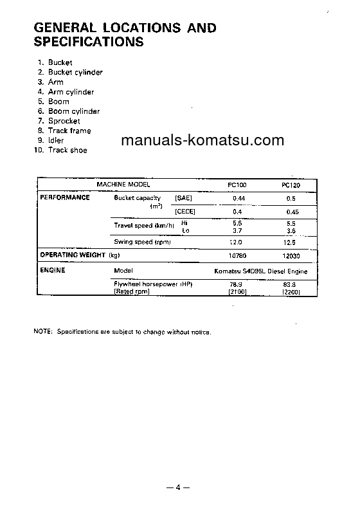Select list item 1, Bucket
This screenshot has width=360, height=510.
[x=60, y=62]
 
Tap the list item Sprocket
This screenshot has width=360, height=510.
[x=64, y=121]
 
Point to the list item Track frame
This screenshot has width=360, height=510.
[x=69, y=131]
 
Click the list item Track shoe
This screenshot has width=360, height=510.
[x=67, y=150]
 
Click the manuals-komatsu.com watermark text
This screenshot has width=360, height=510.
[x=202, y=141]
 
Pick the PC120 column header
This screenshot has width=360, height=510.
[x=291, y=185]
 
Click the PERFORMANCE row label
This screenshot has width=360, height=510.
[x=65, y=197]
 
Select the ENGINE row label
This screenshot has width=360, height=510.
[x=53, y=270]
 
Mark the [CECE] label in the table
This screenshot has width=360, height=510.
[x=184, y=211]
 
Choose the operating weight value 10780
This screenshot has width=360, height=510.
[x=237, y=255]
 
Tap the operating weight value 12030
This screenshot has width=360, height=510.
[x=291, y=255]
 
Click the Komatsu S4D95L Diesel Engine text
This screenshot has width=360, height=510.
[x=264, y=271]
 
